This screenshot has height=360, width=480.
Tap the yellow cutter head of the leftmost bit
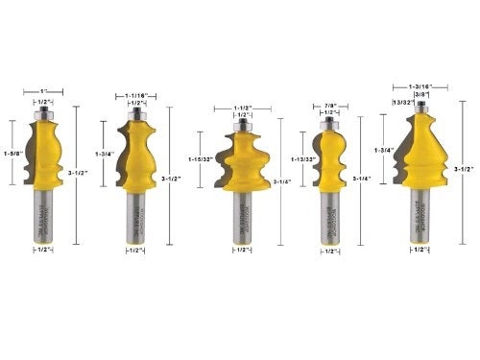point(48,154)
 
